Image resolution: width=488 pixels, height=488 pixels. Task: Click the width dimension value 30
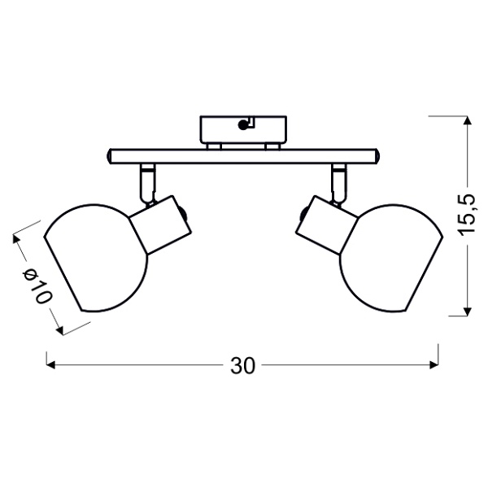(x=243, y=366)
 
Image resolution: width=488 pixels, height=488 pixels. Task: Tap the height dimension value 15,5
(x=467, y=215)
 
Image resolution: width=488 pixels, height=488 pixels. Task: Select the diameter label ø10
(x=37, y=286)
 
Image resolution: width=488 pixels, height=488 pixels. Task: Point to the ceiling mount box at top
(x=243, y=128)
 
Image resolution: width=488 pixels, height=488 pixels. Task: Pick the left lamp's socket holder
(x=160, y=224)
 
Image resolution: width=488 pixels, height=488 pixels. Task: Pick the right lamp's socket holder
(x=325, y=224)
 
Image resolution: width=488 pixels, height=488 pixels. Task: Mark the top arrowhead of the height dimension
(x=467, y=121)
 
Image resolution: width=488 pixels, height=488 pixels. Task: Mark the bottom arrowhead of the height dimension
(x=467, y=310)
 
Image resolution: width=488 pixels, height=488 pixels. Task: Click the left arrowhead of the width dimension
(x=51, y=366)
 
